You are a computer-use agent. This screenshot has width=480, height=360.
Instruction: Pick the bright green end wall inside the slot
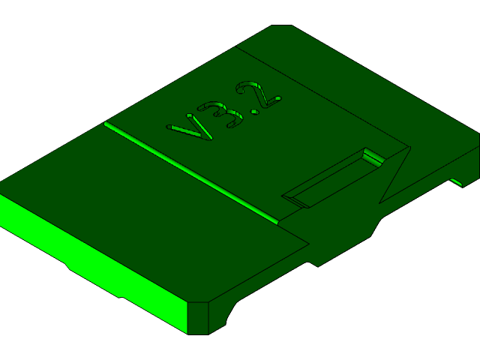[373, 157]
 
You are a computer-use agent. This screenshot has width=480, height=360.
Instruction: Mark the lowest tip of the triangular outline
[380, 202]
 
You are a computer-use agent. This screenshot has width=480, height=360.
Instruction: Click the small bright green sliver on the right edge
[455, 181]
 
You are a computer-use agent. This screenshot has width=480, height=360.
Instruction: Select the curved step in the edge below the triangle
[375, 225]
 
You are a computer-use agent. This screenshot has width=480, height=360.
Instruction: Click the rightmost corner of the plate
[478, 136]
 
